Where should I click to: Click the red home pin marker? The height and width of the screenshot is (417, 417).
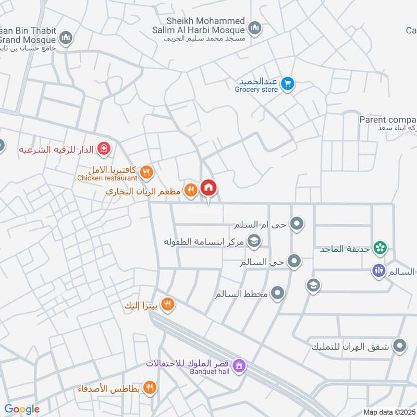(208, 188)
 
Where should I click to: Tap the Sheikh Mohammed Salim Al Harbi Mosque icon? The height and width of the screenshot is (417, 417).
(254, 28)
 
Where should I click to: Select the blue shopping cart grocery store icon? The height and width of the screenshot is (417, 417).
(287, 83)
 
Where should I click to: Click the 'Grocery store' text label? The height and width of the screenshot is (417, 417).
(256, 90)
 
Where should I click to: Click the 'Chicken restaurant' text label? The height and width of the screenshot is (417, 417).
(107, 178)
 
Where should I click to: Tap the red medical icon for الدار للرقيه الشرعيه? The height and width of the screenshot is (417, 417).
(104, 149)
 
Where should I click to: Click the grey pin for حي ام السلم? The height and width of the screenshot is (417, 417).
(297, 224)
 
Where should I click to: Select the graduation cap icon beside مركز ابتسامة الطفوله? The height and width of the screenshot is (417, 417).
(254, 241)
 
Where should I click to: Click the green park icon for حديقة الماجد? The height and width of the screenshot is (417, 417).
(381, 249)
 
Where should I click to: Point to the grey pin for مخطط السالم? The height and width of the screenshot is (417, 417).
(278, 293)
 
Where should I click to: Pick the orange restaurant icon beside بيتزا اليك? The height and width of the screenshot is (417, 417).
(167, 304)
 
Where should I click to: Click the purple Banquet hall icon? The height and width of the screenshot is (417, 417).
(239, 365)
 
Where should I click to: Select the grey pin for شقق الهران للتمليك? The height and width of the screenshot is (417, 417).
(400, 345)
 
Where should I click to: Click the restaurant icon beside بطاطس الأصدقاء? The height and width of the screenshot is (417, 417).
(150, 388)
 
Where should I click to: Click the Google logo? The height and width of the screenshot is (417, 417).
(22, 409)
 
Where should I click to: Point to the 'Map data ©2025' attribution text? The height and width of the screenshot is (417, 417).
(388, 412)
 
